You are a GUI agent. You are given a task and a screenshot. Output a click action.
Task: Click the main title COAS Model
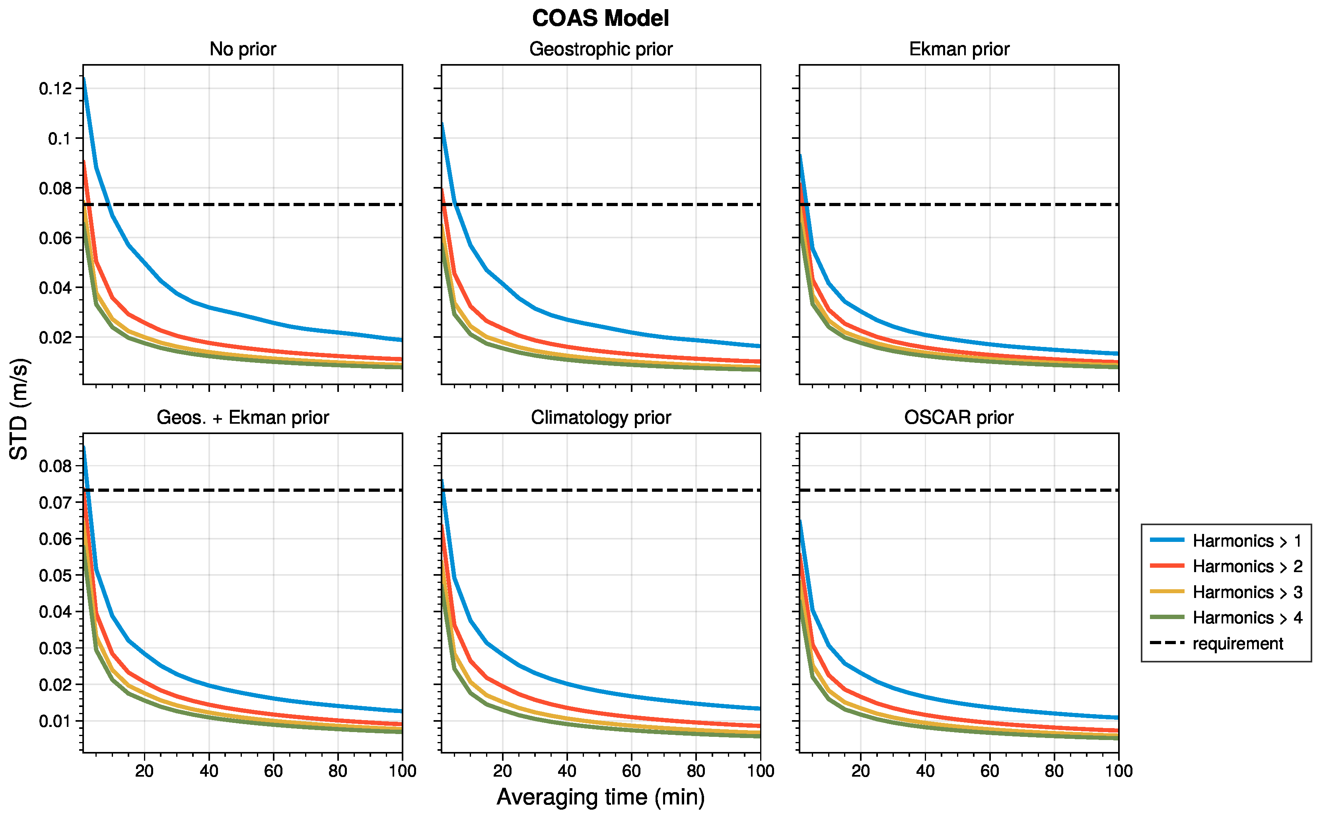click(600, 18)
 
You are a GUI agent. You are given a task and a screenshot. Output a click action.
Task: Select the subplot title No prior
click(242, 49)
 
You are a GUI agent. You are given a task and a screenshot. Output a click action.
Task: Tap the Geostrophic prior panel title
click(600, 49)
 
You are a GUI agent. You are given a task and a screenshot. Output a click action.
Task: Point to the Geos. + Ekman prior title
click(242, 418)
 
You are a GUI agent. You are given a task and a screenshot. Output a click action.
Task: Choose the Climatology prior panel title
click(600, 418)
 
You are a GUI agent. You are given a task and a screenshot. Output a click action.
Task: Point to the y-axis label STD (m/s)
click(19, 409)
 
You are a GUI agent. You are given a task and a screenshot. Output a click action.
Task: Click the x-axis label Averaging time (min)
click(600, 797)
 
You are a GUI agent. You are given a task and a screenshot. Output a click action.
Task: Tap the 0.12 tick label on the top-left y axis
click(55, 88)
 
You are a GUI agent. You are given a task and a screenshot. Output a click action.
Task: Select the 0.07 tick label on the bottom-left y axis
click(55, 502)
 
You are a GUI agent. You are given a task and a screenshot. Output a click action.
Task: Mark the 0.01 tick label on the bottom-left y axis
click(55, 721)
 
